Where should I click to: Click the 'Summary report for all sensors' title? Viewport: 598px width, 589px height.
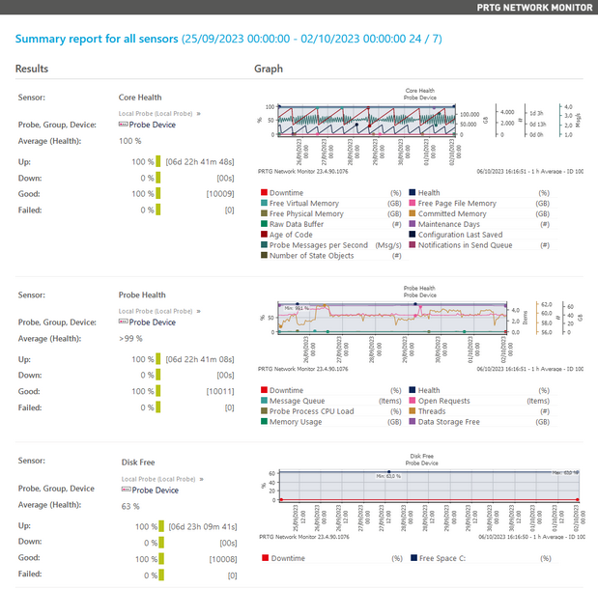pyautogui.click(x=97, y=40)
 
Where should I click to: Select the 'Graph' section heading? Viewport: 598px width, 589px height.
pyautogui.click(x=268, y=70)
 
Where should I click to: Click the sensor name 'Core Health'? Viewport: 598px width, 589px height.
pyautogui.click(x=140, y=98)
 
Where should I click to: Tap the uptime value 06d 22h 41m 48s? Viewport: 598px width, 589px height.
pyautogui.click(x=201, y=161)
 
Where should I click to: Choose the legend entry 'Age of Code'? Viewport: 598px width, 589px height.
pyautogui.click(x=294, y=235)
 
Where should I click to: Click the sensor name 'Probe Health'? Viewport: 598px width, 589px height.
pyautogui.click(x=142, y=295)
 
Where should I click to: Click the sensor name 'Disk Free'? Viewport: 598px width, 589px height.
pyautogui.click(x=137, y=462)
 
